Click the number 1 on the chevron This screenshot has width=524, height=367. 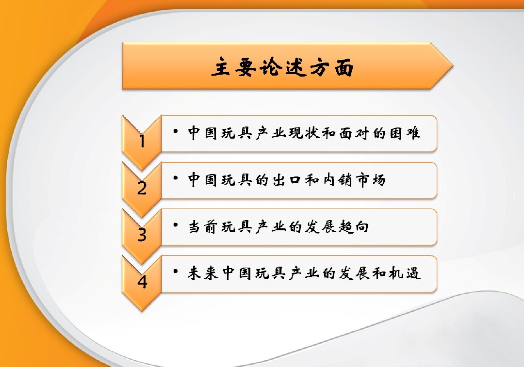[x=142, y=141]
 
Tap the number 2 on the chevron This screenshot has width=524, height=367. [x=142, y=188]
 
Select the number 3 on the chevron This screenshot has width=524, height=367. [x=142, y=235]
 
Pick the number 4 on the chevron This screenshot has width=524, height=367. [x=142, y=282]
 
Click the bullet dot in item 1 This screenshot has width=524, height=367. [x=176, y=131]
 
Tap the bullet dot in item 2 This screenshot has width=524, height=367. [x=176, y=178]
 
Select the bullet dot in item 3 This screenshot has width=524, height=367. [x=176, y=225]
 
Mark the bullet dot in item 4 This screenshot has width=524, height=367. [x=176, y=271]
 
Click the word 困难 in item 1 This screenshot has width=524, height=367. [x=404, y=133]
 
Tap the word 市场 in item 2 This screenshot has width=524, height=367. [x=371, y=180]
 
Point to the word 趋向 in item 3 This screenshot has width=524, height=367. [x=354, y=227]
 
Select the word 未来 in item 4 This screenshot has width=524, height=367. [x=203, y=273]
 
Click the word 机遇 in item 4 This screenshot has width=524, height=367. [x=404, y=273]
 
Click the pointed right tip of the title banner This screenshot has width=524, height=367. [x=453, y=66]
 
